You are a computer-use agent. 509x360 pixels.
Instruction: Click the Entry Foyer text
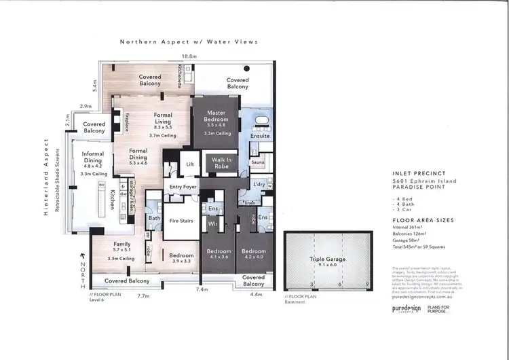click(183, 187)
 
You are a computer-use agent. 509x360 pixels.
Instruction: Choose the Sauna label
click(257, 163)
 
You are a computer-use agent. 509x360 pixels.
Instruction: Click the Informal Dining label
click(92, 158)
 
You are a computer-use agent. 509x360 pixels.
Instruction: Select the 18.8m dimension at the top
click(189, 56)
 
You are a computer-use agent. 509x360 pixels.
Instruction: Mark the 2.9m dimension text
click(86, 107)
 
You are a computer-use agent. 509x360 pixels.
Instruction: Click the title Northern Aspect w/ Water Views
click(189, 41)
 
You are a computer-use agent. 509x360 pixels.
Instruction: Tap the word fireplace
click(127, 122)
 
